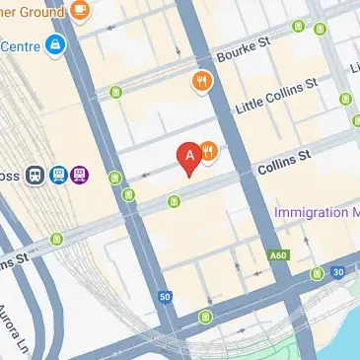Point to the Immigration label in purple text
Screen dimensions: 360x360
pos(317,212)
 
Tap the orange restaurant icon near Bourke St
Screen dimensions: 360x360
pos(201,82)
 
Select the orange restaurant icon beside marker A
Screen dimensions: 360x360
pos(209,152)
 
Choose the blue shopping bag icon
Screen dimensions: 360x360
pos(55,44)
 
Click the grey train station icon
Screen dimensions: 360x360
pos(36,175)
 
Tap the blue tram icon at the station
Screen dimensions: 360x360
pos(58,175)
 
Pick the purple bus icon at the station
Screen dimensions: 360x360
pos(80,175)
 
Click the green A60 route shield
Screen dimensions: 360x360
pos(280,255)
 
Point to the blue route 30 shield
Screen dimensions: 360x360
pos(338,272)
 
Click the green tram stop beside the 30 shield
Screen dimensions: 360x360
pos(317,273)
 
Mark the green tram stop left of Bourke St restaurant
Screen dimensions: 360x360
pos(116,94)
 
